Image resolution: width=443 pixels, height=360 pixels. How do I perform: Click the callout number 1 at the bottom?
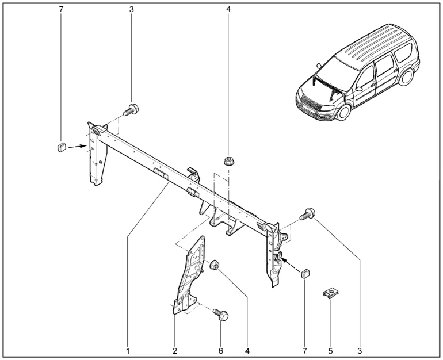tap(128, 349)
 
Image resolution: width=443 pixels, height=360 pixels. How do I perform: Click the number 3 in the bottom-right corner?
tap(360, 349)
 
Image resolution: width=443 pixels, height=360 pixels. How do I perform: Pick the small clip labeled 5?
tap(330, 295)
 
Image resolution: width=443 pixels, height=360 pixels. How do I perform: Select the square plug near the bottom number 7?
tap(305, 271)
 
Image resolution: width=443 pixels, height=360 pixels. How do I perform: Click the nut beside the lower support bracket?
tap(215, 265)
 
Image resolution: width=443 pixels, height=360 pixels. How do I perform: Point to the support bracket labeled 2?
tap(186, 276)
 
